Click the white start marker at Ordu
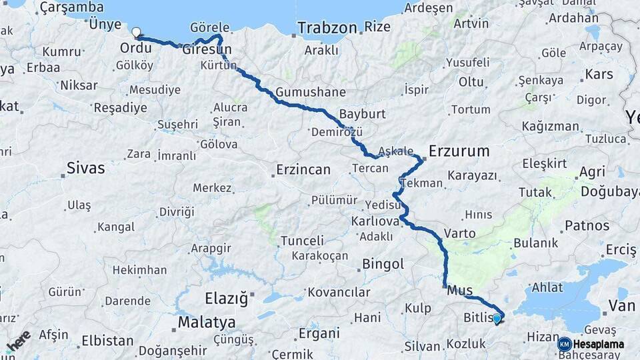[136, 32]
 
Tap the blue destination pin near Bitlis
[497, 319]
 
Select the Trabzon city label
[327, 28]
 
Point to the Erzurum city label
[459, 151]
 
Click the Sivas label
[85, 168]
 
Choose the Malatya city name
[206, 323]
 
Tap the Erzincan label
[303, 169]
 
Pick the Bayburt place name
[362, 113]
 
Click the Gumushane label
[310, 92]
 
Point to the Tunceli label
[301, 241]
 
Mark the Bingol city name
[383, 265]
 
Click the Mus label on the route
[459, 290]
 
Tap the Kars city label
[598, 73]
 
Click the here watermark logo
[19, 340]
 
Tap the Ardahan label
[573, 17]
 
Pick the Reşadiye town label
[120, 107]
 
